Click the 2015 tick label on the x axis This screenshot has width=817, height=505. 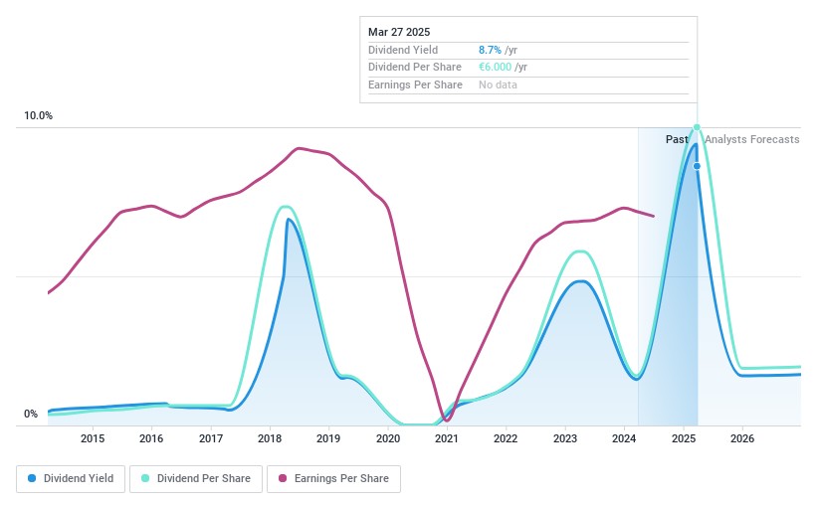[93, 438]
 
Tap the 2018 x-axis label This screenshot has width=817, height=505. [270, 438]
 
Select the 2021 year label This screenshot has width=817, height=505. [447, 438]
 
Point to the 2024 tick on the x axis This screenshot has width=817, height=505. [624, 438]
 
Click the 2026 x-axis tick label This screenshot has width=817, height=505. [742, 438]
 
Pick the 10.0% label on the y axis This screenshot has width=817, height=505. [39, 116]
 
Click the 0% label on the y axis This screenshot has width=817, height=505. [31, 415]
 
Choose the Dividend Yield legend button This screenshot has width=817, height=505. [69, 479]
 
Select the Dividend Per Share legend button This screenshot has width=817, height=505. [195, 479]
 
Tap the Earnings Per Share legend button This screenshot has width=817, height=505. [333, 479]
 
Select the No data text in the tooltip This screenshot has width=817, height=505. [498, 85]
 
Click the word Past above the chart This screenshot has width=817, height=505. [677, 140]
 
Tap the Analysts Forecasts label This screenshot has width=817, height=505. [751, 140]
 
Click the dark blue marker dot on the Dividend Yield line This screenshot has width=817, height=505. [697, 166]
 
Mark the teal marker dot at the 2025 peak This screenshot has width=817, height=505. [697, 127]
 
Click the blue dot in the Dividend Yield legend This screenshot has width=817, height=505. [33, 479]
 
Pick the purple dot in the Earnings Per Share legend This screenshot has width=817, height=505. [284, 479]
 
